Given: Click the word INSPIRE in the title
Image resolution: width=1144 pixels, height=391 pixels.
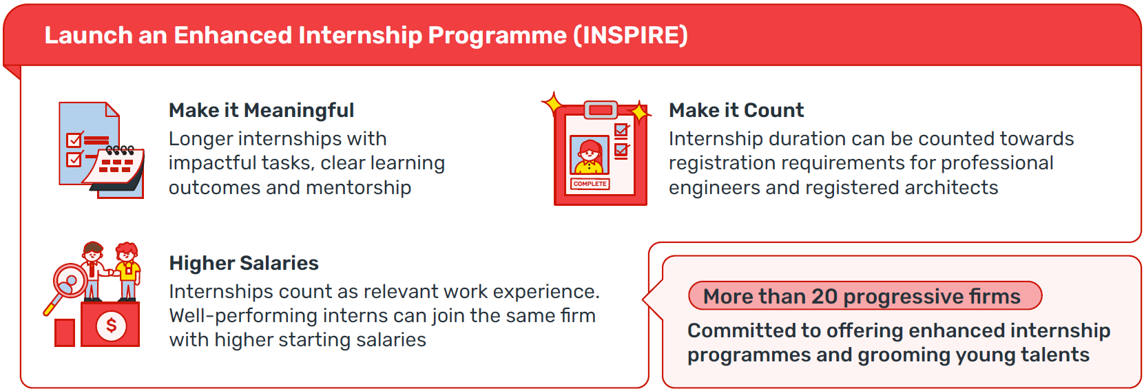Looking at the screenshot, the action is (x=630, y=35).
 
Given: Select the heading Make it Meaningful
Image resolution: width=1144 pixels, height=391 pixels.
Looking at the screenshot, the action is (x=262, y=110).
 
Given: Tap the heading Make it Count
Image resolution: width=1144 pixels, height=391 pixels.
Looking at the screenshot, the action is (x=736, y=110).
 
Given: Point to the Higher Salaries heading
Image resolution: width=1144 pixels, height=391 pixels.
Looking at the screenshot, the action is (x=244, y=263).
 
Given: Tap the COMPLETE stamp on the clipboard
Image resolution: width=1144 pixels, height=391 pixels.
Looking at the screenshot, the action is (x=590, y=184).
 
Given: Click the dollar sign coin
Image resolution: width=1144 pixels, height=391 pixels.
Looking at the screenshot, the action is (x=112, y=325).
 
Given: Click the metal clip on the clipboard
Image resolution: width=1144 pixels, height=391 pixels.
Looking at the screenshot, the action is (x=601, y=109).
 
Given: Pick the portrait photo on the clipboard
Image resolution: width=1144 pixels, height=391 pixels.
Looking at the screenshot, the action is (x=590, y=155).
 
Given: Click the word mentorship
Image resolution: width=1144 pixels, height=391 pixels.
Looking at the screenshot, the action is (x=358, y=188).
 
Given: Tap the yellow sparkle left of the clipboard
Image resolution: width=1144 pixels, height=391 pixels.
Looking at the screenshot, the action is (x=552, y=104).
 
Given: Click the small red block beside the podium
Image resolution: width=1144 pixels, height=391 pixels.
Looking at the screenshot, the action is (x=65, y=332).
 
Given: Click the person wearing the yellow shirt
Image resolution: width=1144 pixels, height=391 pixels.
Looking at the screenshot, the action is (x=127, y=271).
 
